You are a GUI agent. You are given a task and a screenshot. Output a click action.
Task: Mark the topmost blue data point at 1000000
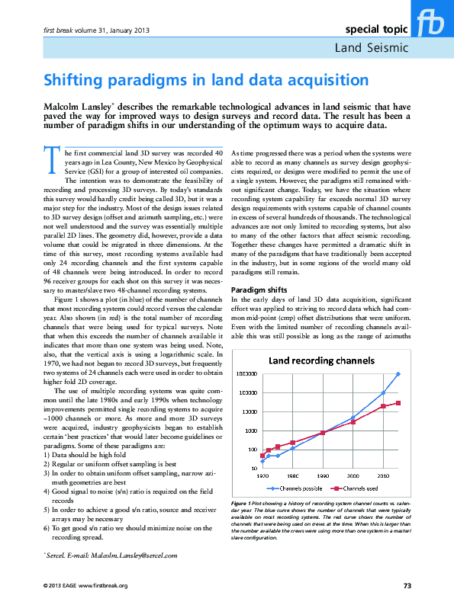pyautogui.click(x=398, y=374)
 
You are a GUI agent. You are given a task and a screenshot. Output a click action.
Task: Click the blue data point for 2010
pyautogui.click(x=383, y=393)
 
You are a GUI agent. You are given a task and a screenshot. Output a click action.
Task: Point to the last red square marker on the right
pyautogui.click(x=398, y=403)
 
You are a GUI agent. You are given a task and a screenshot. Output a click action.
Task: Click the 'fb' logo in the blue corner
pyautogui.click(x=432, y=24)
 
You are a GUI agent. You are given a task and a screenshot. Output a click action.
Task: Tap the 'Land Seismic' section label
pyautogui.click(x=372, y=48)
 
